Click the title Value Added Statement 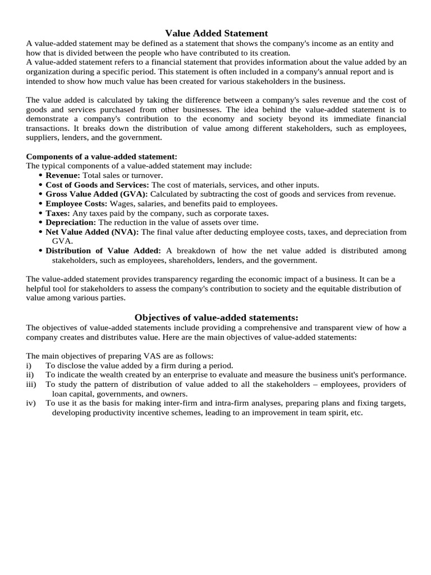216,33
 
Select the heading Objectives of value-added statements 216,318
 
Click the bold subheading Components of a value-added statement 102,157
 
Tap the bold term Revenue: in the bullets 63,175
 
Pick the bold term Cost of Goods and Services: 97,185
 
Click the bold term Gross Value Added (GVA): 97,194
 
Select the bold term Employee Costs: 77,203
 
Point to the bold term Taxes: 58,213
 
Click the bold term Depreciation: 71,222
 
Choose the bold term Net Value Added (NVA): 92,232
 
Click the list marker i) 29,365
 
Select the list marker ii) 30,375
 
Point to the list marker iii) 31,384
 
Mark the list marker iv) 31,403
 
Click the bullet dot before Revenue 41,176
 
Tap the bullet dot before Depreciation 41,223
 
